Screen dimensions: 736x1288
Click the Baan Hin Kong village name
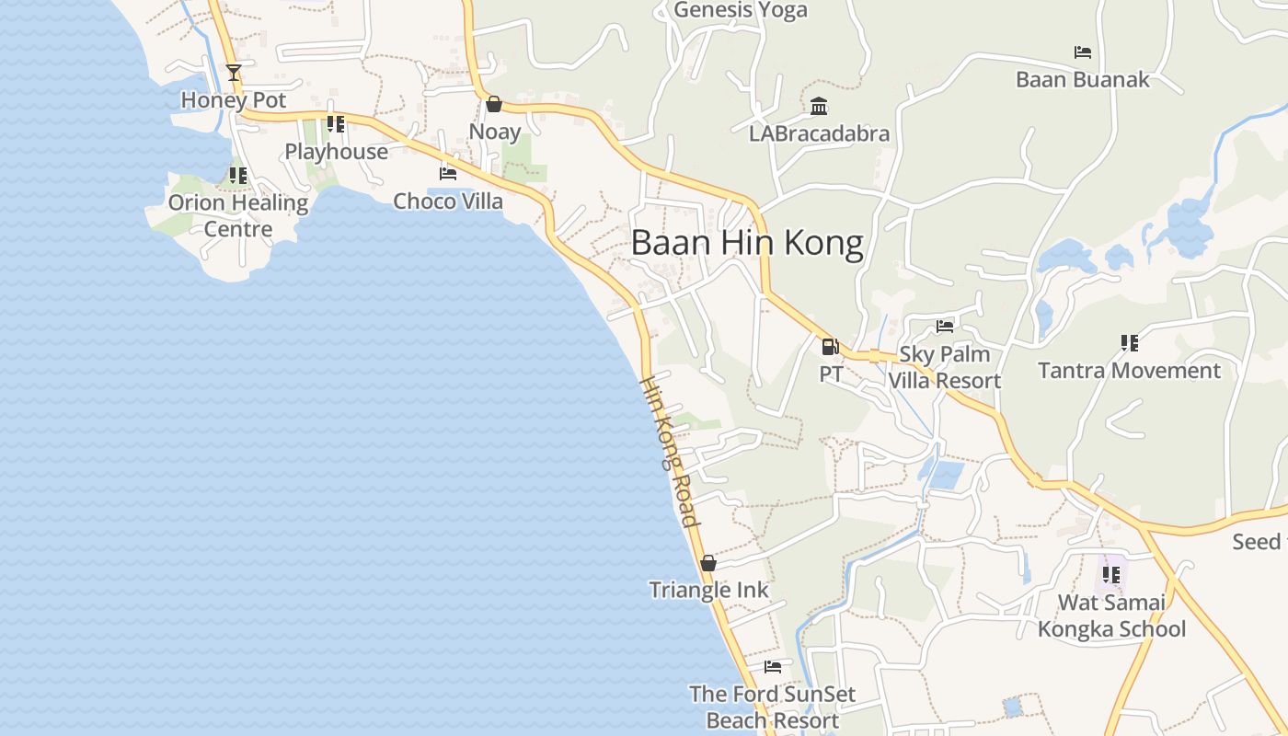(x=747, y=243)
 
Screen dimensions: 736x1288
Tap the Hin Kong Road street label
(x=669, y=451)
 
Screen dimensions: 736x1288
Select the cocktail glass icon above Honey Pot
(x=234, y=72)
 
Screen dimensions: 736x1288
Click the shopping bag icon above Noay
(x=494, y=104)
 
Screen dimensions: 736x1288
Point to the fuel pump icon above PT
(x=830, y=347)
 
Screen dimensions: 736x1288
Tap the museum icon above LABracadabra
(x=819, y=107)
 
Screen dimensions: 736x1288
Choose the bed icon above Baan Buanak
(x=1083, y=52)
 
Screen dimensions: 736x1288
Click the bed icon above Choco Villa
(x=448, y=173)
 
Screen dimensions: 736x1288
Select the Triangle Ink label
(x=708, y=590)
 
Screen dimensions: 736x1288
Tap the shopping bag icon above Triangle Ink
(x=708, y=563)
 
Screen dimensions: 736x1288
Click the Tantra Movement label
(x=1129, y=371)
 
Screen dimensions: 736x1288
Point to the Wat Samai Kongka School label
(x=1111, y=615)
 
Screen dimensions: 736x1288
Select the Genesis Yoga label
(x=741, y=10)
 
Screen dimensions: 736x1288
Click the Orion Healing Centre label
(x=238, y=215)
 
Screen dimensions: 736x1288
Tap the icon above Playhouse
(x=336, y=123)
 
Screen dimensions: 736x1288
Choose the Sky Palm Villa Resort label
(x=945, y=367)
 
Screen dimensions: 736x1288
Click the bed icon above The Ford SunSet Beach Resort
(x=773, y=666)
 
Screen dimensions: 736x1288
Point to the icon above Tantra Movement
(x=1130, y=343)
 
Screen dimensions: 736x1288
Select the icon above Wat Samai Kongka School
(x=1111, y=575)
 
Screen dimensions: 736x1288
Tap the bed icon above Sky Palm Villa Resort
(x=945, y=326)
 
